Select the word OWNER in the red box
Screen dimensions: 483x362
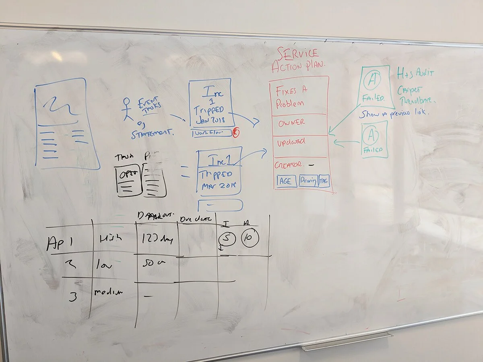[x=291, y=122]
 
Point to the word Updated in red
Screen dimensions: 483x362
[x=291, y=142]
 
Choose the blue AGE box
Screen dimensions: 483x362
[x=286, y=181]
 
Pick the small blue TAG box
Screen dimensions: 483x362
[x=324, y=181]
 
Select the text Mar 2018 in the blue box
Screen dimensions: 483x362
[x=217, y=186]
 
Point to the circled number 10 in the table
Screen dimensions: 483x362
[x=250, y=239]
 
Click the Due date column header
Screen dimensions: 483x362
[x=196, y=219]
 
